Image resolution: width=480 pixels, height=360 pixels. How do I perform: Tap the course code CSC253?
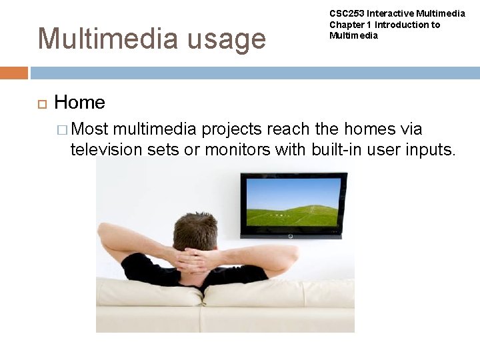(x=347, y=13)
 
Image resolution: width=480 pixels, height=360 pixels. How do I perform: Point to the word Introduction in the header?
(x=398, y=25)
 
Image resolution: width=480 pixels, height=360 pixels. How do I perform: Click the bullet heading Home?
(x=79, y=102)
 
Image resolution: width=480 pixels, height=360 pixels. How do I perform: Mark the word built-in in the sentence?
(x=338, y=150)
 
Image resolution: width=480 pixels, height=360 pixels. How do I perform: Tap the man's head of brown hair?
(x=195, y=231)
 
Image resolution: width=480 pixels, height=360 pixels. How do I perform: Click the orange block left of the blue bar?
(x=14, y=73)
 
